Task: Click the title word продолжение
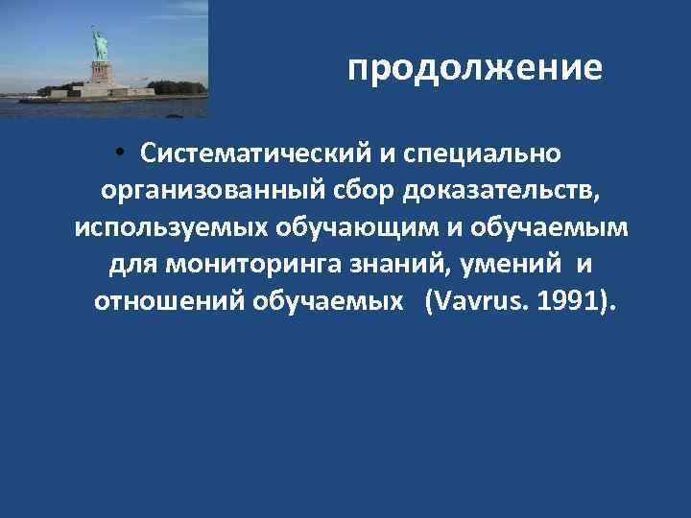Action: pos(475,70)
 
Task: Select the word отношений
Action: pos(169,303)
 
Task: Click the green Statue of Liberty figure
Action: pos(99,46)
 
